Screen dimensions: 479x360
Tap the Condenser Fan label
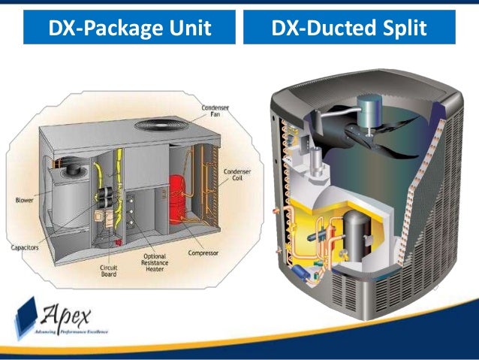[x=216, y=112]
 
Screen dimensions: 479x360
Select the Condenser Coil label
[x=234, y=176]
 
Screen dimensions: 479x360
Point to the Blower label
[x=23, y=200]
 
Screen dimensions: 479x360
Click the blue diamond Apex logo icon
[x=27, y=316]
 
